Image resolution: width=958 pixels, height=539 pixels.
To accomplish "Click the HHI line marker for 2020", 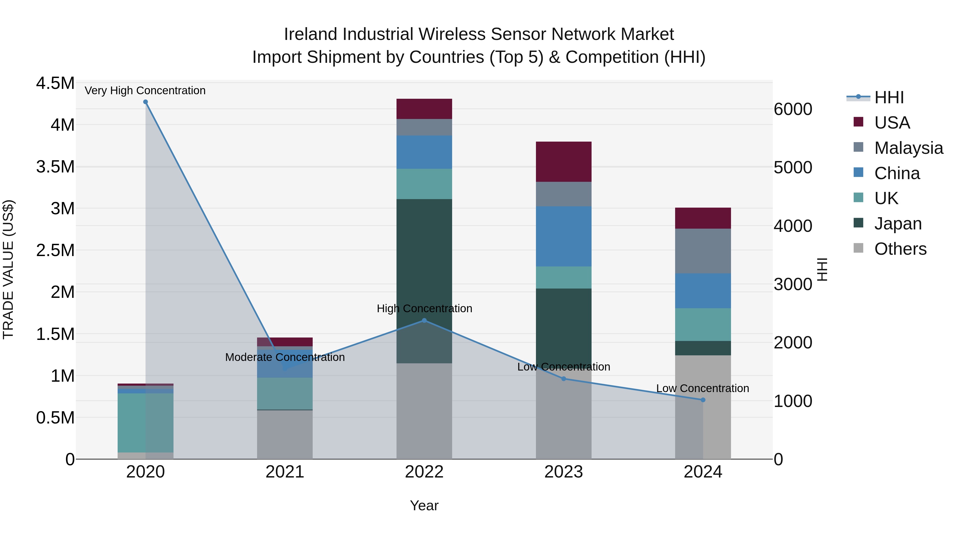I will [x=145, y=102].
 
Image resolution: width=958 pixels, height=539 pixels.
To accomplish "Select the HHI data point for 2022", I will [x=424, y=320].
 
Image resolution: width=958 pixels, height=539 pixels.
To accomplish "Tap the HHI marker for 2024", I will [x=703, y=400].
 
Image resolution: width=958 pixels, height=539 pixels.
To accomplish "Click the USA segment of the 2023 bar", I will [x=563, y=162].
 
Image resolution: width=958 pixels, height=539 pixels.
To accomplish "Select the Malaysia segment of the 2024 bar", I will [x=703, y=251].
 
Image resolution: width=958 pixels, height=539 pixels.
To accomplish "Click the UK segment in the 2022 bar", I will [x=424, y=184].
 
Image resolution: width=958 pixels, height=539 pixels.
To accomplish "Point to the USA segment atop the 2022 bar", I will [x=424, y=109].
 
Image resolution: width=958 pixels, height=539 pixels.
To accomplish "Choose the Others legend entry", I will [x=900, y=249].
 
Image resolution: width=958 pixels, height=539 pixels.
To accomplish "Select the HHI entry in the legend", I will [x=889, y=97].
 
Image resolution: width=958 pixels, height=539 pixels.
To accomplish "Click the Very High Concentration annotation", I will [x=145, y=90].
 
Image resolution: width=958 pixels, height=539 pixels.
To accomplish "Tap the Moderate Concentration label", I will [x=285, y=357].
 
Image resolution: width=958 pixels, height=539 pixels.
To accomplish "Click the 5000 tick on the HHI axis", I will [x=793, y=167].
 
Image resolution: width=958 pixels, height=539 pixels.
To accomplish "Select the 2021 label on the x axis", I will [x=285, y=472].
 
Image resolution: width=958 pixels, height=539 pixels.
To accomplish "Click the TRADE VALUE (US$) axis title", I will [x=8, y=269].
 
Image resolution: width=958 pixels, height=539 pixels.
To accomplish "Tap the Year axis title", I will [x=424, y=505].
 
